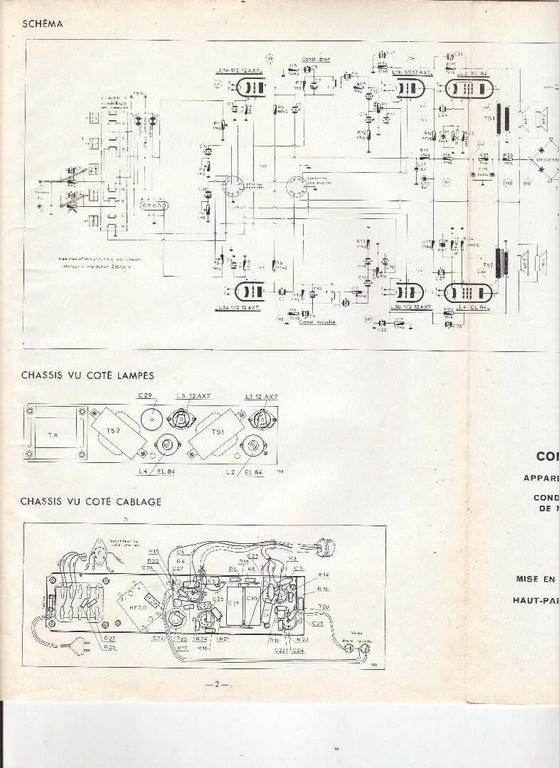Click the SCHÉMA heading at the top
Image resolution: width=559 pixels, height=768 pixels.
pyautogui.click(x=43, y=23)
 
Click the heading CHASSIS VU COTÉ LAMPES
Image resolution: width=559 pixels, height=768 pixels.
pyautogui.click(x=87, y=375)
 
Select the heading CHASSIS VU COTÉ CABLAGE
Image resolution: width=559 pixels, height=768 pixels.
pyautogui.click(x=90, y=501)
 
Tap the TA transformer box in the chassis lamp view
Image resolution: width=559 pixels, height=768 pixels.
pyautogui.click(x=53, y=434)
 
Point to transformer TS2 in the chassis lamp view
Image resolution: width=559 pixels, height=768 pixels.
pyautogui.click(x=118, y=432)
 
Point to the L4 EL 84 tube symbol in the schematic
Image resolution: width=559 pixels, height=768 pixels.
pyautogui.click(x=470, y=292)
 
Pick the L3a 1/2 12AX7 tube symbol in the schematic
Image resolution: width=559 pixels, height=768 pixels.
pyautogui.click(x=251, y=292)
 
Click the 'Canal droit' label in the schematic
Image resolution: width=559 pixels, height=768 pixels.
pyautogui.click(x=316, y=59)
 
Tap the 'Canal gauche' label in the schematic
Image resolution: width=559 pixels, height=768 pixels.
pyautogui.click(x=317, y=322)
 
